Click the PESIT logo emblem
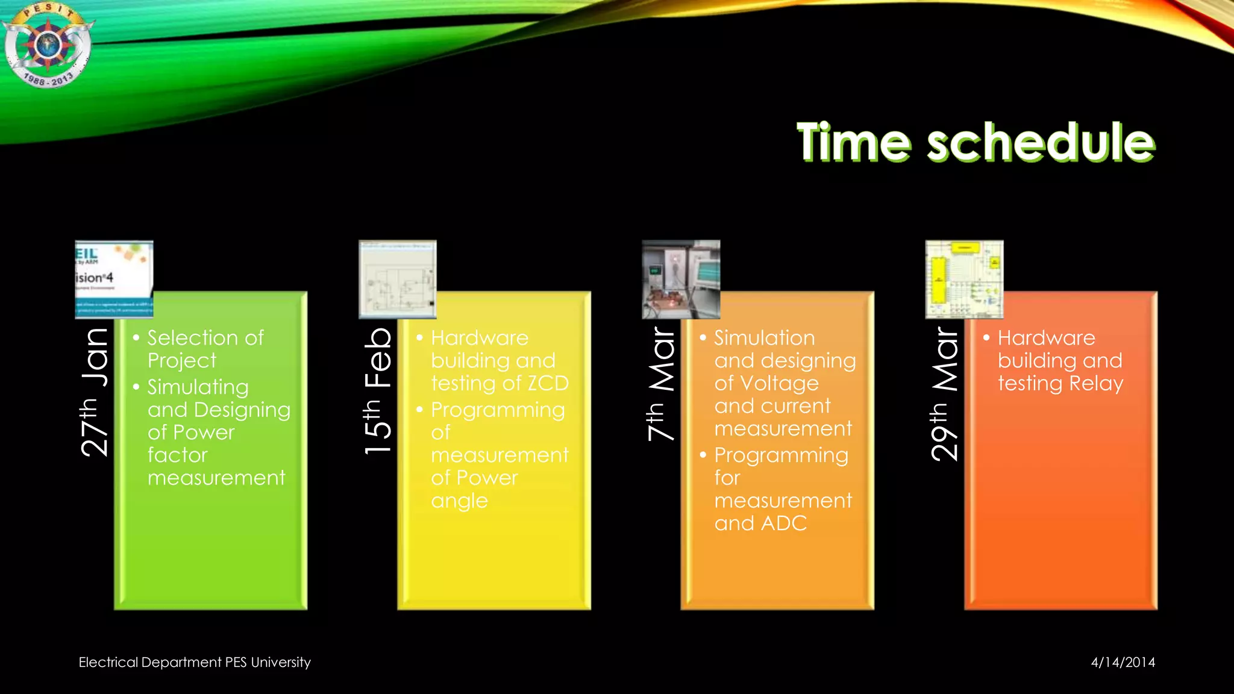(x=47, y=46)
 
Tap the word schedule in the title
(x=1041, y=142)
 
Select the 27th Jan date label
(x=95, y=392)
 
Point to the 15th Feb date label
(x=378, y=392)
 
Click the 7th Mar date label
(x=661, y=384)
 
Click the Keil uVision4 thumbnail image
(x=114, y=280)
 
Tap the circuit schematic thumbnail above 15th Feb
(x=398, y=280)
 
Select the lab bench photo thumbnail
(x=681, y=280)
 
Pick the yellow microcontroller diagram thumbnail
(x=964, y=280)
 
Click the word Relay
(x=1096, y=384)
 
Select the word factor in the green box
(x=177, y=455)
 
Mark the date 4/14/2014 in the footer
(x=1123, y=662)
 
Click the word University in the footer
(x=280, y=662)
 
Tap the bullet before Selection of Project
(x=136, y=337)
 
